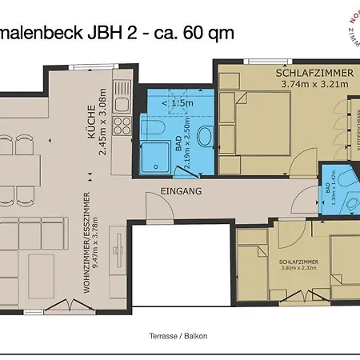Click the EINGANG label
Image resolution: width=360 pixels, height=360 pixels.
pos(181,192)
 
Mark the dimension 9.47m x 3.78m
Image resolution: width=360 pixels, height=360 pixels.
pos(95,240)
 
